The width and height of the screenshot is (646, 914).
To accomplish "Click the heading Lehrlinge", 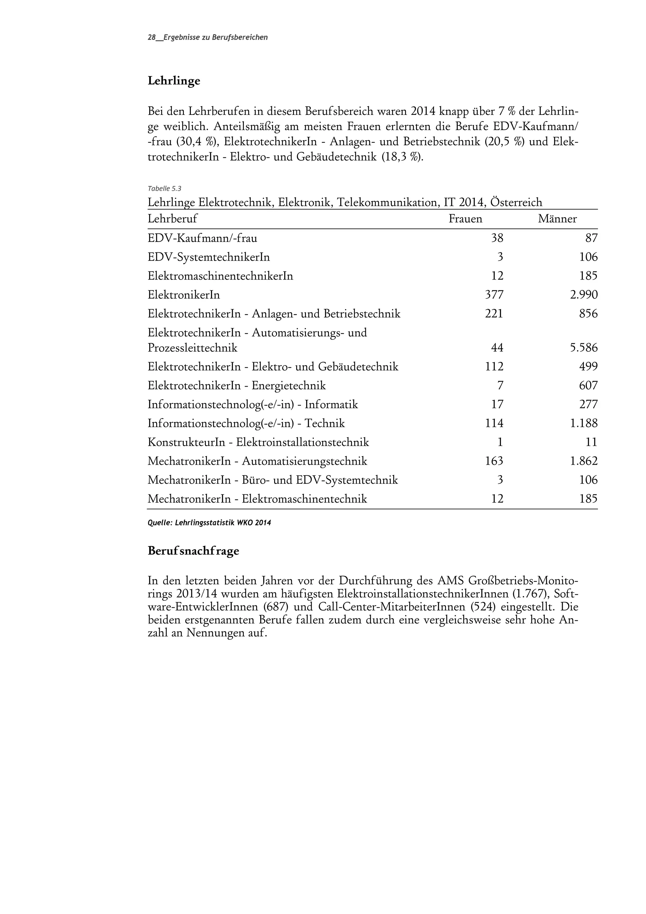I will (173, 81).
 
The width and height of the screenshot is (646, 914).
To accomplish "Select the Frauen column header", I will (465, 219).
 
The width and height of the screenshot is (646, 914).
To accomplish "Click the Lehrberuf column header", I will (172, 219).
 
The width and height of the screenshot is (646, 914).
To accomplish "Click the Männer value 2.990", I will (584, 295).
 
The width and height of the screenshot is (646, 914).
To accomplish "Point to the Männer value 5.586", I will (584, 348).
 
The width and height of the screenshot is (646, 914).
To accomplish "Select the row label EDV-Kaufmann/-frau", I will (202, 239).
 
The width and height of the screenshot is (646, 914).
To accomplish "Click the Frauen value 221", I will (494, 314).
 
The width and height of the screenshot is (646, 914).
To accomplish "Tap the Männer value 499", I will (588, 367).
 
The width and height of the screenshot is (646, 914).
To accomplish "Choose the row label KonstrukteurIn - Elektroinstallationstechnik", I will (258, 442).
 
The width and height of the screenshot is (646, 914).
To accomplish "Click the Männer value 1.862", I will (584, 461).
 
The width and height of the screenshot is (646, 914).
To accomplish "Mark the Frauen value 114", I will (494, 423).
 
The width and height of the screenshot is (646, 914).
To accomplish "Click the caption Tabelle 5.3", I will (164, 189).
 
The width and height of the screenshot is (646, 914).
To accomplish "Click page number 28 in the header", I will (151, 38).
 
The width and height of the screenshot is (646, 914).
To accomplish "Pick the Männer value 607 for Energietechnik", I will (588, 385).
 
